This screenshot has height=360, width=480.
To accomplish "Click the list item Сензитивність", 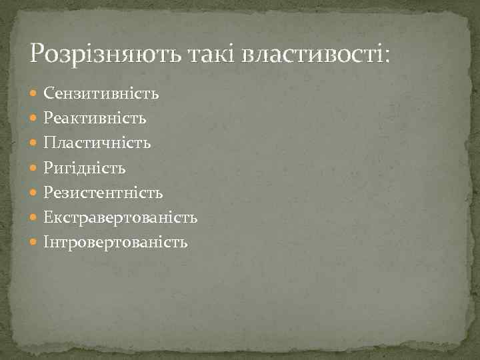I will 101,93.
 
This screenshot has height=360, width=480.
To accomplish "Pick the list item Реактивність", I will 95,118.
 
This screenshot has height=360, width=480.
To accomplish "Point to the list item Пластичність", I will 97,143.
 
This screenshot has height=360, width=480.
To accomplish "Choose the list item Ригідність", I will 85,168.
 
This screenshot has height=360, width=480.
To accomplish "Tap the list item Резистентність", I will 103,193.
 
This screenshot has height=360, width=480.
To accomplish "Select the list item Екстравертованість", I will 121,217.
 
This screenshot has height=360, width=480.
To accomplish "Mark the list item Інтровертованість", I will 116,242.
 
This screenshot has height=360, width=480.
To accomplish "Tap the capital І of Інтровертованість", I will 47,242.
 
